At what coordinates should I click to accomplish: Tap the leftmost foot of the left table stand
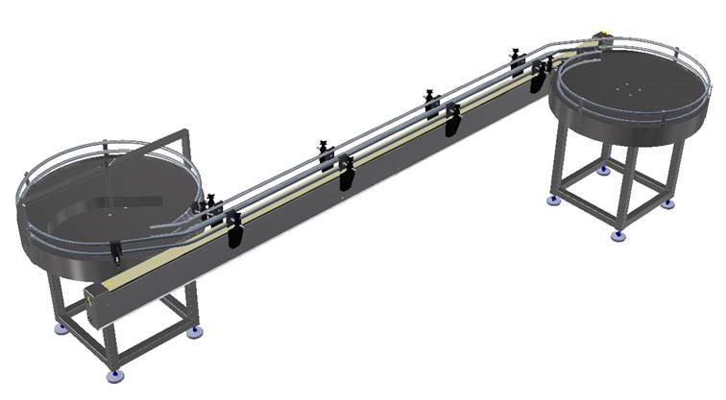60,328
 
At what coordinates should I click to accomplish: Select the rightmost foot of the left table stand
196,332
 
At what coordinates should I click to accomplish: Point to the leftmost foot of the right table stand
554,200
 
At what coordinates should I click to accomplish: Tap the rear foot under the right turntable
603,171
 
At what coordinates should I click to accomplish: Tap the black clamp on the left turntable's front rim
115,252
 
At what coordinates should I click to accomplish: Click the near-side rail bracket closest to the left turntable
234,230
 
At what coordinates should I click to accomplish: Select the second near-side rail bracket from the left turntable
347,175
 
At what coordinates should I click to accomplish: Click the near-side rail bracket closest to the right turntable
542,73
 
